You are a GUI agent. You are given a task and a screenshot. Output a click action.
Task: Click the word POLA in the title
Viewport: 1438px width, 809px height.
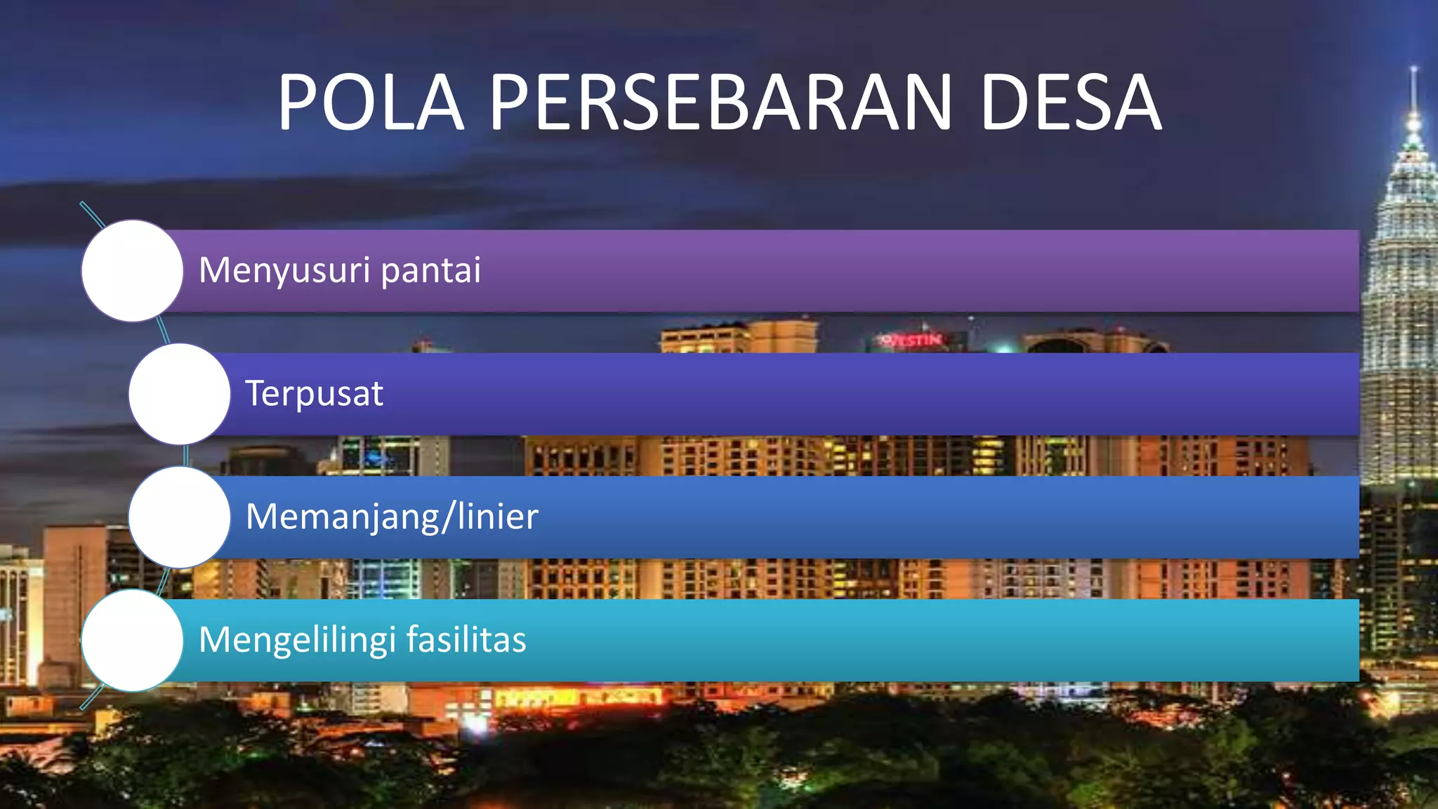point(371,103)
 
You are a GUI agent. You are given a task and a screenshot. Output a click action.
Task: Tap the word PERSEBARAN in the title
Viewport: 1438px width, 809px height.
point(720,103)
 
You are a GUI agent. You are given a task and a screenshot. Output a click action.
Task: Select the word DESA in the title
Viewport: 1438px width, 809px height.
point(1070,103)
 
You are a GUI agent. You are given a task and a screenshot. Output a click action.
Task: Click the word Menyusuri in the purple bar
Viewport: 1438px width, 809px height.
point(284,271)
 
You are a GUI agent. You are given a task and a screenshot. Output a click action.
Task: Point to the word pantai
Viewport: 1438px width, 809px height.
point(430,271)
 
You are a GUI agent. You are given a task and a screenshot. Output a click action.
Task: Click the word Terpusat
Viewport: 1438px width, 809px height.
point(314,393)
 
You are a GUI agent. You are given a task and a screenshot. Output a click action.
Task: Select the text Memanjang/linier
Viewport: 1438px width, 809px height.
point(392,517)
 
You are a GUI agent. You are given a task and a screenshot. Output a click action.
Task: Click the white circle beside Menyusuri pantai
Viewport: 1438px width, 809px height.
point(132,271)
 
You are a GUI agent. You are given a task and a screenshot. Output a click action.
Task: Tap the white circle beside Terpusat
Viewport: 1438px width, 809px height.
point(179,394)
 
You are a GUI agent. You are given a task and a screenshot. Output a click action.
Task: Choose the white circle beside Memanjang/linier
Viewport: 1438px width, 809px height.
point(179,517)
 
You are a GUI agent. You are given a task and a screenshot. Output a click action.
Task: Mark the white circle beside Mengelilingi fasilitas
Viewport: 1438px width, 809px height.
point(132,640)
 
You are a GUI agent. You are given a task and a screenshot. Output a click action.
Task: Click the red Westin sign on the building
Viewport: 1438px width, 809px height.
point(912,340)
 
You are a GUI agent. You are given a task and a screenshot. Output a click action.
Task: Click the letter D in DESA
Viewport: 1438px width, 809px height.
point(1006,103)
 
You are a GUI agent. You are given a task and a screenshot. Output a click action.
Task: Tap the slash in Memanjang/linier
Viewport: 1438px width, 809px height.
point(448,517)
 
